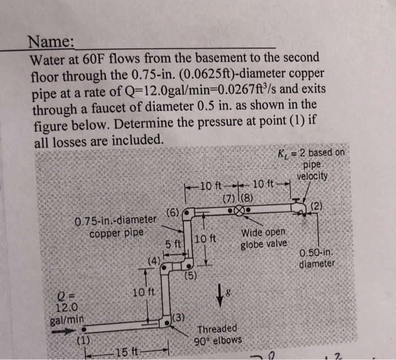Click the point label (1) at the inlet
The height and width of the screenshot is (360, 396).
pyautogui.click(x=84, y=340)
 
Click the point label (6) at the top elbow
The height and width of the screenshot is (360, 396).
pyautogui.click(x=173, y=213)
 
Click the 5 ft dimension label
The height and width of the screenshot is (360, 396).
pyautogui.click(x=173, y=244)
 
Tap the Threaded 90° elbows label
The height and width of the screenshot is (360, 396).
pyautogui.click(x=217, y=335)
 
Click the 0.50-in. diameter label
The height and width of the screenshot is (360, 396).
pyautogui.click(x=317, y=258)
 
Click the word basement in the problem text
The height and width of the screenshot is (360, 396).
pyautogui.click(x=208, y=58)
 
